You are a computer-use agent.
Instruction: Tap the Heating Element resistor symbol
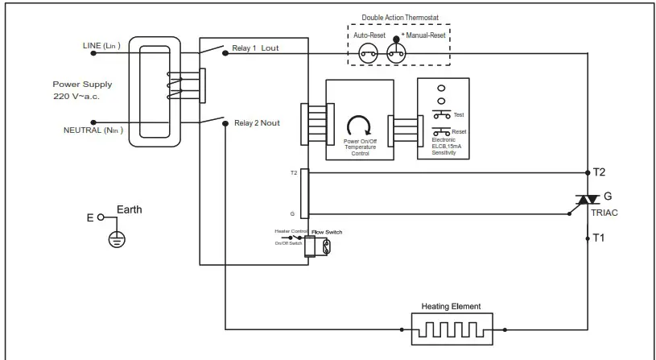pyautogui.click(x=452, y=329)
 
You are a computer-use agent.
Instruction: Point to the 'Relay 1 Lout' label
pyautogui.click(x=256, y=48)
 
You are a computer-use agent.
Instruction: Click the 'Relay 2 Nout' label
pyautogui.click(x=257, y=123)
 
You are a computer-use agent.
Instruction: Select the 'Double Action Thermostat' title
pyautogui.click(x=400, y=17)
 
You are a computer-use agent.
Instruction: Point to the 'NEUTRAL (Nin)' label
pyautogui.click(x=93, y=130)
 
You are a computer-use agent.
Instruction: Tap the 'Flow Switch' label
pyautogui.click(x=327, y=232)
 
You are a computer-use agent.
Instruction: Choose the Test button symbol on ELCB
pyautogui.click(x=442, y=114)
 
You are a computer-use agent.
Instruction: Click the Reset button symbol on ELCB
pyautogui.click(x=442, y=130)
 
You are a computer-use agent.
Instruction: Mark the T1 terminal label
pyautogui.click(x=600, y=238)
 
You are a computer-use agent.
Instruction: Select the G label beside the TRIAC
pyautogui.click(x=607, y=195)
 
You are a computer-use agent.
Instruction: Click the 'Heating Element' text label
pyautogui.click(x=452, y=306)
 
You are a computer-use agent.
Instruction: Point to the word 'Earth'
pyautogui.click(x=130, y=209)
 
